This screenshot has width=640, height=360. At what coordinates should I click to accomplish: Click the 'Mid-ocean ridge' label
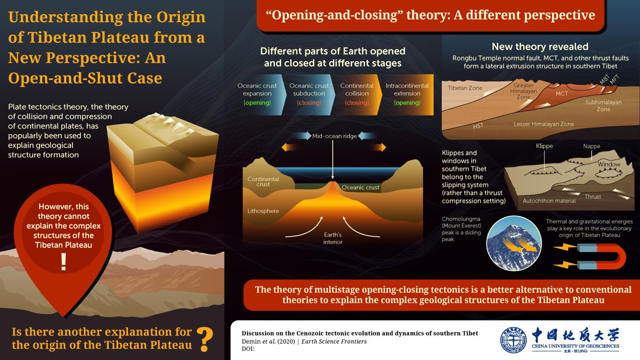(x=334, y=136)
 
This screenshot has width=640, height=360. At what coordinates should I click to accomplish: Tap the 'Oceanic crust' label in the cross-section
(x=360, y=188)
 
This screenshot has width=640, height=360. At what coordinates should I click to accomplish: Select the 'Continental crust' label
(x=263, y=182)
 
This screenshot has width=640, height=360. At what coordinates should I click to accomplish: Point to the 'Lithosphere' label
(x=263, y=211)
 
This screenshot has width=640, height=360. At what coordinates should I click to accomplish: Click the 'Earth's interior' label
(x=332, y=238)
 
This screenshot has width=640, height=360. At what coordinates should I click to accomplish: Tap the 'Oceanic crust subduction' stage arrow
(x=309, y=95)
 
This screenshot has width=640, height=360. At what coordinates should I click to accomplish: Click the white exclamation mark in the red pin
(x=64, y=262)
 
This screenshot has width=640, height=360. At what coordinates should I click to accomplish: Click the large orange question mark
(x=205, y=339)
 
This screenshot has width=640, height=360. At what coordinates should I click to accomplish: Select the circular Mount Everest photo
(x=514, y=243)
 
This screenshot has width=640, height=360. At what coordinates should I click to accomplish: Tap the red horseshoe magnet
(x=601, y=256)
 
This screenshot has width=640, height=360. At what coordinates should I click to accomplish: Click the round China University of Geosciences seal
(x=514, y=340)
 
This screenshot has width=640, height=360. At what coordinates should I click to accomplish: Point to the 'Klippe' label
(x=544, y=146)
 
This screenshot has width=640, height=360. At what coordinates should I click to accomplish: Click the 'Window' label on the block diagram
(x=609, y=164)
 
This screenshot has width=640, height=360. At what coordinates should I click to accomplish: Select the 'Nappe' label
(x=592, y=146)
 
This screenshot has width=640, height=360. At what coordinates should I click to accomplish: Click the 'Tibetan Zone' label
(x=465, y=88)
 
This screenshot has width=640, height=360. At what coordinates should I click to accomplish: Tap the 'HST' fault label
(x=478, y=126)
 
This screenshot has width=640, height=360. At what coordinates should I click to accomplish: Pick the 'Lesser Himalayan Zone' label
(x=544, y=124)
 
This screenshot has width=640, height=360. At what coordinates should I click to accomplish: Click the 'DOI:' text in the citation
(x=248, y=349)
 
